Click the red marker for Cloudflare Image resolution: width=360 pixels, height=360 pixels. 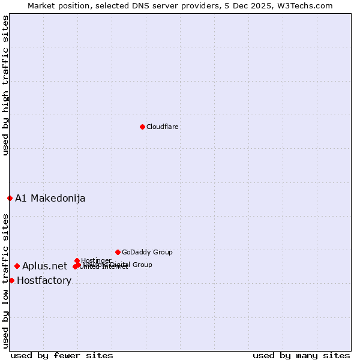coord(142,127)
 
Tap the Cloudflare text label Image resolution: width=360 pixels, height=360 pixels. coord(163,127)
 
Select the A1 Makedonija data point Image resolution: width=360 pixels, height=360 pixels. coord(10,198)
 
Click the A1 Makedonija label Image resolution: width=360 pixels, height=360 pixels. coord(50,199)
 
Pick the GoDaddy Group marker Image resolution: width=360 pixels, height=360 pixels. coord(118,252)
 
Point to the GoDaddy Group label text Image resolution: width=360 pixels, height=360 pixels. coord(147,252)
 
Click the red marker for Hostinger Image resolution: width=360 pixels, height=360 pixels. coord(77,260)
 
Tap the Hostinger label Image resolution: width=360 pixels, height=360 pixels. coord(96,260)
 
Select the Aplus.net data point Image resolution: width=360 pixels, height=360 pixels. coord(17,266)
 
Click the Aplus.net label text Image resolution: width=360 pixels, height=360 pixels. coord(45,266)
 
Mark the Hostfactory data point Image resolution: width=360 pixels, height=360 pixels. coord(11,280)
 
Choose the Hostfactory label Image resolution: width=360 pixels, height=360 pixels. coord(44,281)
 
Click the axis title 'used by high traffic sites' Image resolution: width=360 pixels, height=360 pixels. coord(6,85)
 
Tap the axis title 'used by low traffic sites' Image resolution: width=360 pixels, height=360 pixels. coord(6,281)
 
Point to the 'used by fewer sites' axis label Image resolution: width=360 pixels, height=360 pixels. coord(62,355)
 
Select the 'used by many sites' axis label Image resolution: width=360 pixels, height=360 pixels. coord(301,355)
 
